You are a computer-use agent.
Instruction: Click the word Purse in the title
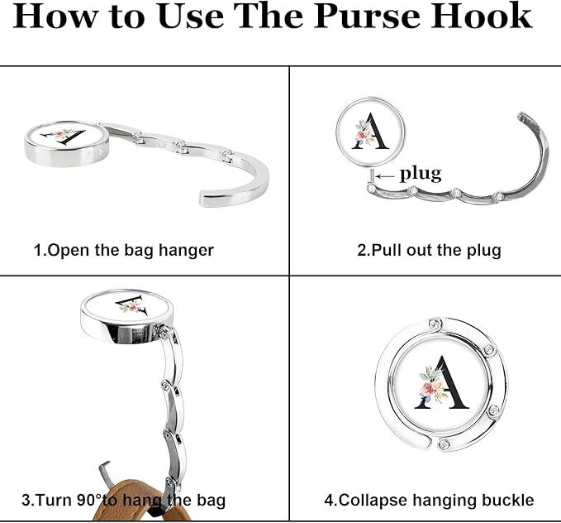pos(366,17)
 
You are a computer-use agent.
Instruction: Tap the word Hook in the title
pos(481,16)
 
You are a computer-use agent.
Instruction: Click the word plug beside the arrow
pos(421,174)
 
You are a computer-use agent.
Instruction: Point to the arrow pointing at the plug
pos(385,176)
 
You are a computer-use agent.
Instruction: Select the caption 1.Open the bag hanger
pos(123,250)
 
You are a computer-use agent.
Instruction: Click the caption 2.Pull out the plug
pos(429,250)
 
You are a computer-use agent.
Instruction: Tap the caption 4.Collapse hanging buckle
pos(429,500)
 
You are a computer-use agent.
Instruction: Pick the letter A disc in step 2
pos(370,132)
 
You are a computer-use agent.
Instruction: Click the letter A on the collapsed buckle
pos(442,383)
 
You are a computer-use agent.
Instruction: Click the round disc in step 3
pos(126,315)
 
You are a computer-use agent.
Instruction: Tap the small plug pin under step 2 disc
pos(372,176)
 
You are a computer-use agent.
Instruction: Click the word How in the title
pos(55,17)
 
